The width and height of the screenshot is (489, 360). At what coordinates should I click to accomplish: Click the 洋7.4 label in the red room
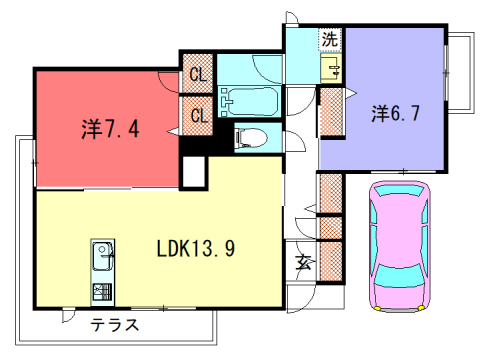click(x=103, y=128)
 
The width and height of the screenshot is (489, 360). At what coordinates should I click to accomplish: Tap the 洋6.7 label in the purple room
click(x=396, y=112)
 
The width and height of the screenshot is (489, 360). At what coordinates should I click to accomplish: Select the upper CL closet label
click(x=198, y=73)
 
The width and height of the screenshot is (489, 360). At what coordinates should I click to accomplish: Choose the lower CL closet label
click(x=198, y=116)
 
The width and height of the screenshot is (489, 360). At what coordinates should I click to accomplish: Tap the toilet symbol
click(x=250, y=138)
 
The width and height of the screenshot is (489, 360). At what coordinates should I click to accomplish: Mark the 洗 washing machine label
click(x=329, y=40)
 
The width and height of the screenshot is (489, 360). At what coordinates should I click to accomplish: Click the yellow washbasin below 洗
click(x=330, y=69)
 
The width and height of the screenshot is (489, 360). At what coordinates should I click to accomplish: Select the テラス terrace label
click(x=114, y=325)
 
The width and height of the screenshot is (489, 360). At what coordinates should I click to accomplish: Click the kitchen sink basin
click(x=103, y=260)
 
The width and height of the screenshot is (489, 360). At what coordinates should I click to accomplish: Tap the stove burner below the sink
click(x=103, y=292)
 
